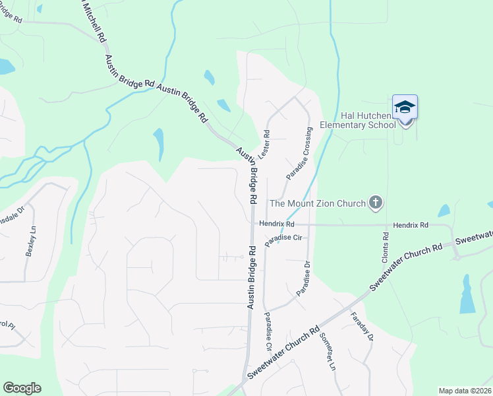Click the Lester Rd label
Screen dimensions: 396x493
pos(265,143)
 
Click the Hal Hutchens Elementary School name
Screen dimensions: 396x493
pos(357,119)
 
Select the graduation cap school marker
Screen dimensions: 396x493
pos(405,108)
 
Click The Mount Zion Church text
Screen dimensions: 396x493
pos(317,203)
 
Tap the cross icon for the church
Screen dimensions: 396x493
pos(376,203)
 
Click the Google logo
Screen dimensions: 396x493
pos(22,388)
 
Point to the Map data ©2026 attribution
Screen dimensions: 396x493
pos(465,391)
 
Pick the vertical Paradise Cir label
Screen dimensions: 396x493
pos(269,331)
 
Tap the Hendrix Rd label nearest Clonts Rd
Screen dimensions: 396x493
pos(411,225)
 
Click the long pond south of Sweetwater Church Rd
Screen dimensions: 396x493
pos(467,294)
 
